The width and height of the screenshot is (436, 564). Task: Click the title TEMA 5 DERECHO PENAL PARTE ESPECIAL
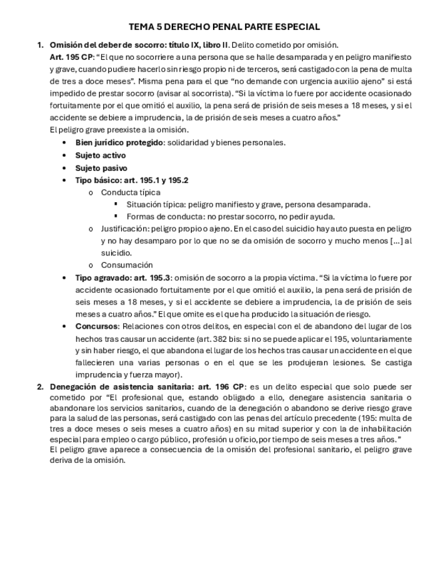pos(224,27)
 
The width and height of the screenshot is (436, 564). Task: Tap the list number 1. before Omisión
pos(40,45)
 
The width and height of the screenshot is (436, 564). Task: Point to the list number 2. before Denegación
pos(40,386)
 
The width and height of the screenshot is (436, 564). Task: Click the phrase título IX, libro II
pos(198,45)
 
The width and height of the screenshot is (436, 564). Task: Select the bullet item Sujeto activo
pos(100,155)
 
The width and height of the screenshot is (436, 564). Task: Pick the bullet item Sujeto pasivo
pos(101,168)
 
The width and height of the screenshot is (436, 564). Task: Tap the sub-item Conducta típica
pos(130,192)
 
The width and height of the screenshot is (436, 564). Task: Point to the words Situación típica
pos(156,204)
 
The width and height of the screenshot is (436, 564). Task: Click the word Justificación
pos(124,229)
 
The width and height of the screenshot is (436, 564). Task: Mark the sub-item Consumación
pos(126,265)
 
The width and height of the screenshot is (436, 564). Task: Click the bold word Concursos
pos(97,327)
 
